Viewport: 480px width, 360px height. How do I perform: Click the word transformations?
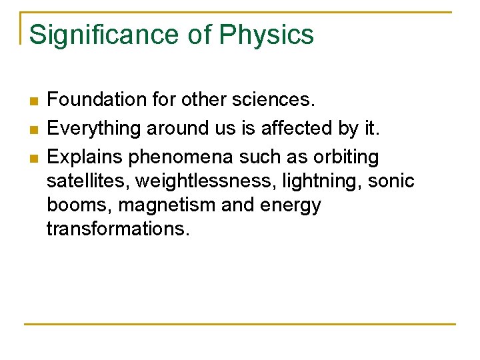(x=118, y=229)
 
